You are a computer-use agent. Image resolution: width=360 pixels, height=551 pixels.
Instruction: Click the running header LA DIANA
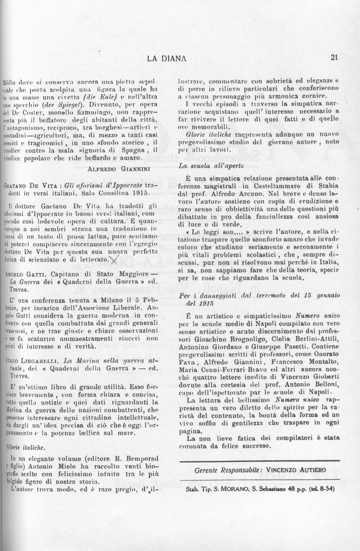point(166,57)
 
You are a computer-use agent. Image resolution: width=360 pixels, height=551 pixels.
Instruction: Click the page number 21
point(334,57)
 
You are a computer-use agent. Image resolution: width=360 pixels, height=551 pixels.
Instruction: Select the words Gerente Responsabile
point(230,469)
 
